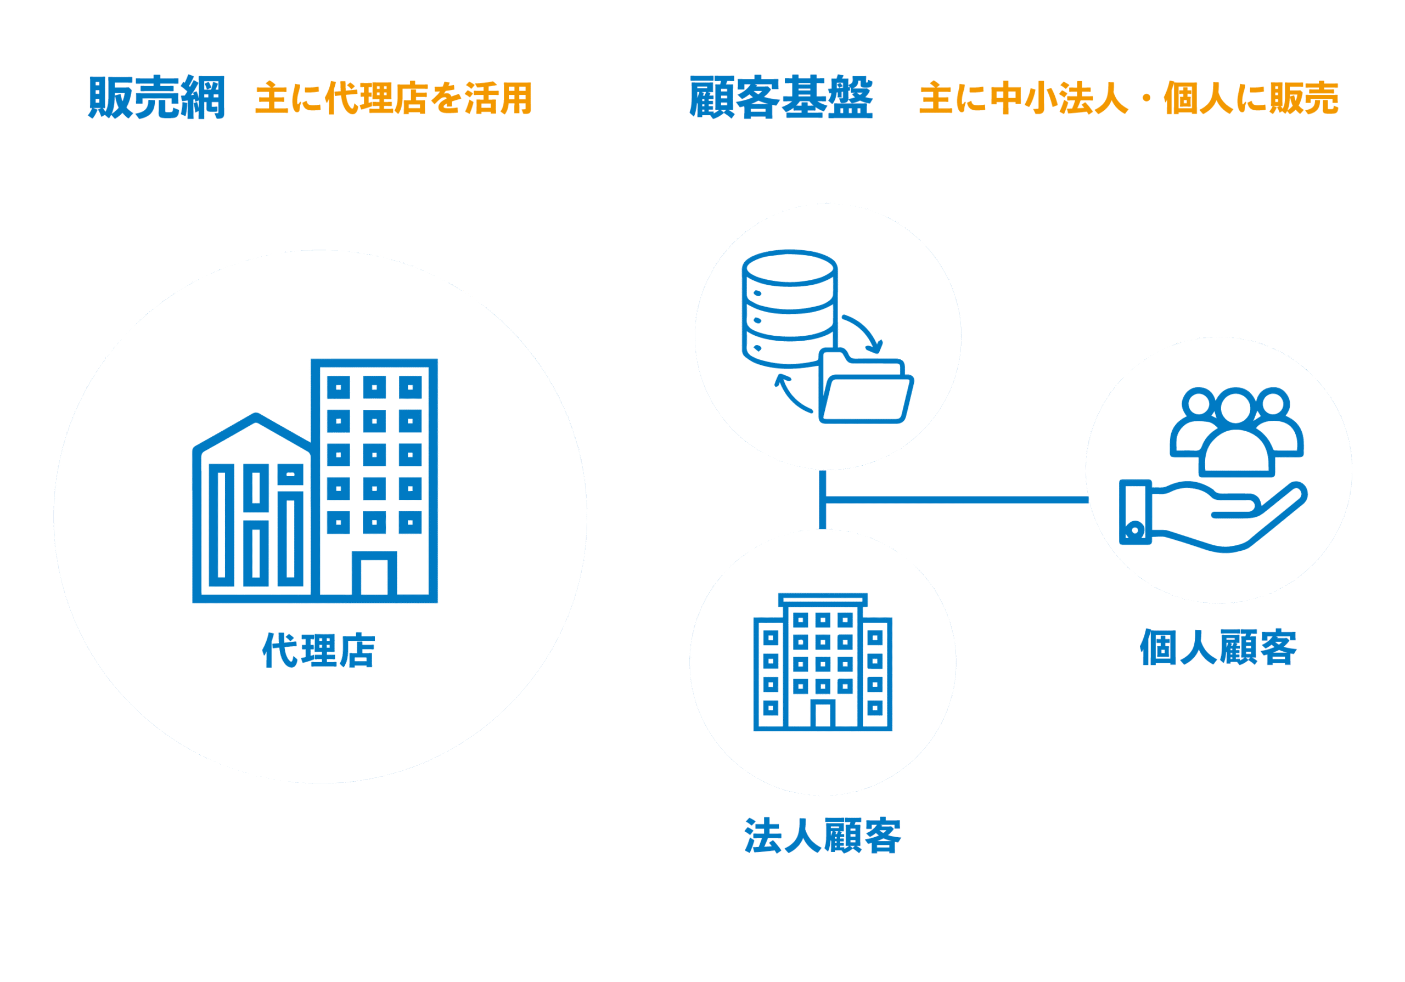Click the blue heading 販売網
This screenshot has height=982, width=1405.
(x=156, y=98)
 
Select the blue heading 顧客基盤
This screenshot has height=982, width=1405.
(x=781, y=98)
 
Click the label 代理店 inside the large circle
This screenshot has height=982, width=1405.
(x=318, y=651)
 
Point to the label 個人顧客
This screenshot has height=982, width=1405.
(x=1218, y=647)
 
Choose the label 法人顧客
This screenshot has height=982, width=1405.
(x=823, y=836)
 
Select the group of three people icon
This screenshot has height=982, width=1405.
(x=1236, y=431)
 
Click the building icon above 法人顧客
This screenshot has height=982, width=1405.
(x=823, y=663)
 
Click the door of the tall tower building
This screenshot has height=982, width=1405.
(x=374, y=575)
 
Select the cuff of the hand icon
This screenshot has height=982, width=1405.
(x=1136, y=512)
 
